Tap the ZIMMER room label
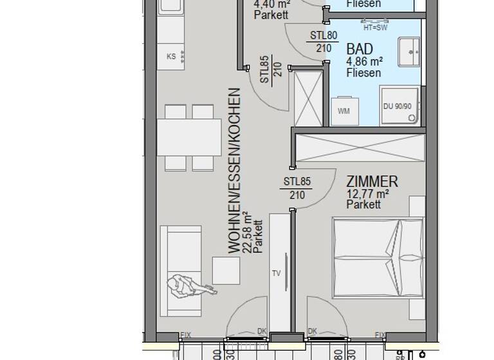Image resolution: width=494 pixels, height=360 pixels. [372, 182]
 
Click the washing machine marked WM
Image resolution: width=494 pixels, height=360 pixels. [344, 111]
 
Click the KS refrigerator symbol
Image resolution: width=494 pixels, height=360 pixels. [172, 56]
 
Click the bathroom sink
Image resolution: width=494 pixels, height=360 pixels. [408, 51]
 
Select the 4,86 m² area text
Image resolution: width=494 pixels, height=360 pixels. [365, 62]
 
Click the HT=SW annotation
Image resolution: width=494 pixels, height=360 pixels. [376, 28]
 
